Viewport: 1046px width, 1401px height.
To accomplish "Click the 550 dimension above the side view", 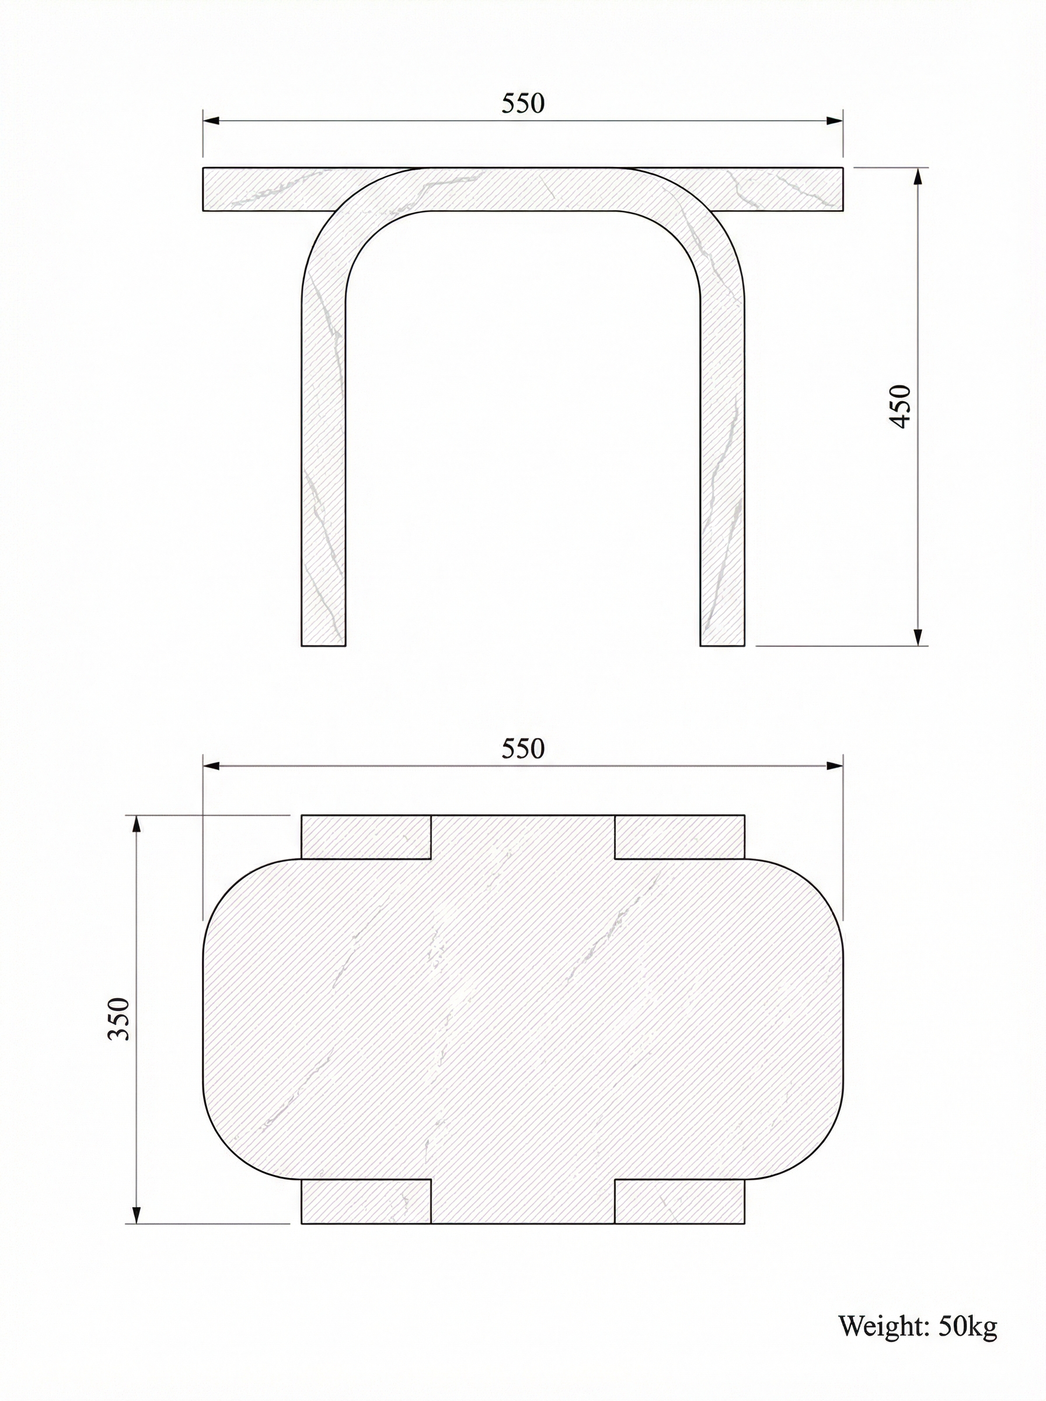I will (x=523, y=104).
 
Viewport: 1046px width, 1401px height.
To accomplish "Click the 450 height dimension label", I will (x=899, y=406).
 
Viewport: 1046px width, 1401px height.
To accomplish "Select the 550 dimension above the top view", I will (x=523, y=749).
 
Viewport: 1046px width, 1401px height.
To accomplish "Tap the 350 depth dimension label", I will (x=119, y=1019).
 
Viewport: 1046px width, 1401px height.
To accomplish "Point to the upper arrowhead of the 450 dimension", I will (x=918, y=177).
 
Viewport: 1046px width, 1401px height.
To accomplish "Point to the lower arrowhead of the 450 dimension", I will (x=918, y=636).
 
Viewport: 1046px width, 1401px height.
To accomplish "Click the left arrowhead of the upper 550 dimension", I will (x=211, y=120).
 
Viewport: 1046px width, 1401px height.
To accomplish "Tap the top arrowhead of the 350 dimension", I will (x=135, y=825).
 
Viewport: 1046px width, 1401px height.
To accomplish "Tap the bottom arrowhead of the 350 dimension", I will (x=135, y=1213).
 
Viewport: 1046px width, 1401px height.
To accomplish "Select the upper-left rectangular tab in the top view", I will (x=365, y=837).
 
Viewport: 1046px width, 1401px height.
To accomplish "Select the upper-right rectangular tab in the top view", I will (x=679, y=837).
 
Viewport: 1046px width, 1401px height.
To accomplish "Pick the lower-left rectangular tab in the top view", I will (x=365, y=1201).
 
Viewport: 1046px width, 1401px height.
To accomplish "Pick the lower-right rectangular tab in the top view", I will (x=679, y=1201).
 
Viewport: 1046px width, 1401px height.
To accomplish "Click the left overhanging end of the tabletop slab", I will (x=253, y=189).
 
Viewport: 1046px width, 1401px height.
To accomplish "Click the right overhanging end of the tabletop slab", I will (x=792, y=189).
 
